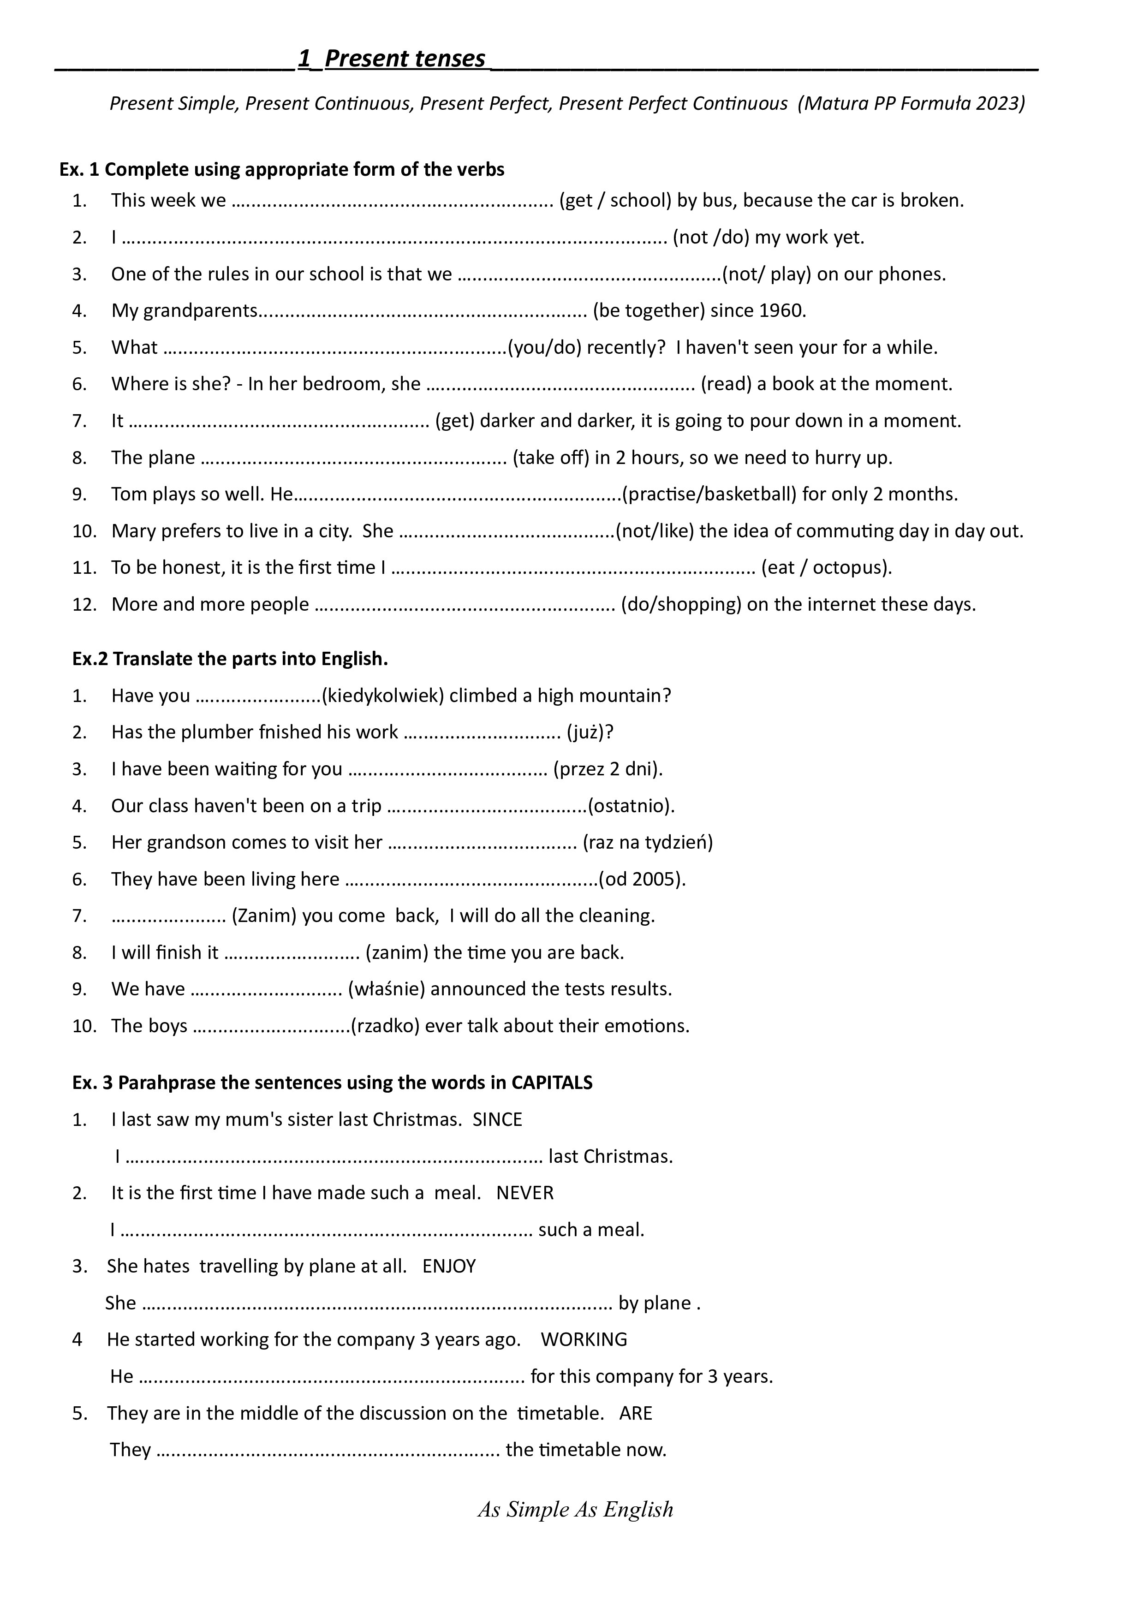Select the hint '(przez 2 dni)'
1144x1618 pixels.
click(x=608, y=769)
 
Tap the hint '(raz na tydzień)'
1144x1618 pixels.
click(x=648, y=842)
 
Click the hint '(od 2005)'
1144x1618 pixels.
click(x=642, y=879)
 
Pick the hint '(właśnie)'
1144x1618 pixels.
click(x=386, y=989)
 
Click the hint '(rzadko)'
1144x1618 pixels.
click(x=385, y=1025)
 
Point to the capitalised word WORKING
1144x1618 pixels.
click(x=584, y=1339)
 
